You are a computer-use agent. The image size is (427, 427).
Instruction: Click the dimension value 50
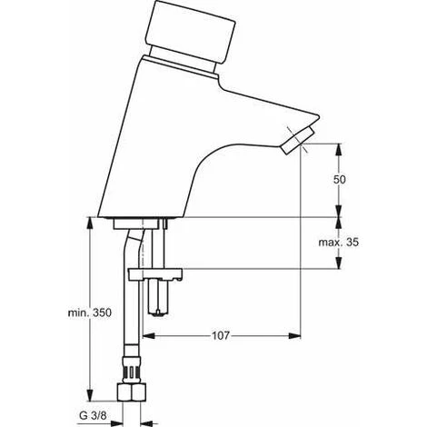(x=339, y=180)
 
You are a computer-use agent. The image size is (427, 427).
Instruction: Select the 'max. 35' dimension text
(x=338, y=243)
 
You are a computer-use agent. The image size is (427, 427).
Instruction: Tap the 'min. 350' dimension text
(x=90, y=313)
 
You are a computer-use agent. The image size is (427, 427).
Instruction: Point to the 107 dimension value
(x=221, y=335)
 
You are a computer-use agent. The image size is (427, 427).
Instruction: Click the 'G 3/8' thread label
(x=93, y=416)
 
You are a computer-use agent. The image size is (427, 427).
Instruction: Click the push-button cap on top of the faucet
(x=190, y=29)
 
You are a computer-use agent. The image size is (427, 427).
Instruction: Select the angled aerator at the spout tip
(x=297, y=140)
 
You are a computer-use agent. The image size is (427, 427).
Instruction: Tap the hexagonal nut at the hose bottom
(x=132, y=392)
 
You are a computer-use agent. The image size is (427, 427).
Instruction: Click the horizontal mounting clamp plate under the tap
(x=155, y=273)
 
